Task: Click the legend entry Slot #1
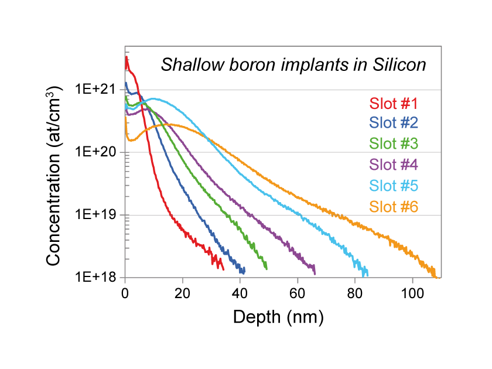click(x=393, y=104)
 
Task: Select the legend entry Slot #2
click(x=393, y=123)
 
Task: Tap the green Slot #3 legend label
click(x=393, y=143)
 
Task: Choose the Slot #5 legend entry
click(x=393, y=186)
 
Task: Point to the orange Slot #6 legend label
click(x=393, y=207)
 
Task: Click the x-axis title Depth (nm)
click(x=278, y=317)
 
